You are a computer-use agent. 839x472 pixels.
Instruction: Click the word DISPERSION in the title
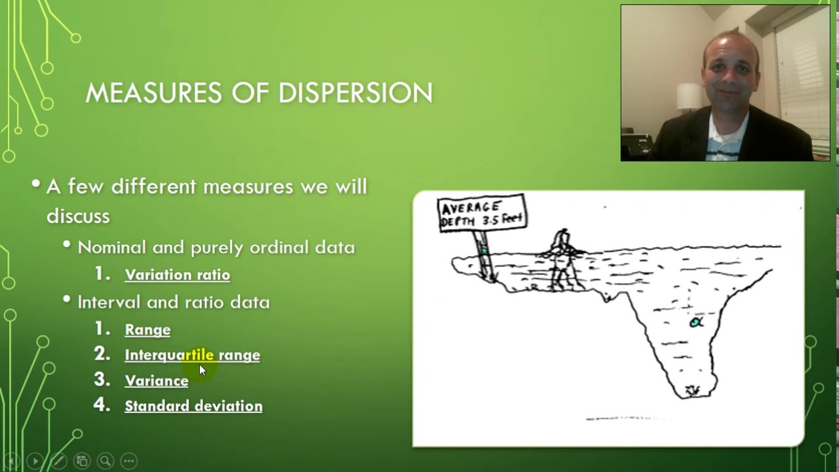[x=355, y=93]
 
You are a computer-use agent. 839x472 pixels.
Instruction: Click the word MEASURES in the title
[x=155, y=93]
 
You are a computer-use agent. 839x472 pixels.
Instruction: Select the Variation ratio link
[x=177, y=275]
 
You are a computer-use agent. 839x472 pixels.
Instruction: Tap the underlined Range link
[x=147, y=330]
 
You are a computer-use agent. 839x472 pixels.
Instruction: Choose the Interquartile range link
[x=192, y=355]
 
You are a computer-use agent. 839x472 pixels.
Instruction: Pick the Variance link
[x=156, y=381]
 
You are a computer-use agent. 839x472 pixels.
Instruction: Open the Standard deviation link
[x=193, y=406]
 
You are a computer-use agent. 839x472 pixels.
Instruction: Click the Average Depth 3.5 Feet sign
[x=482, y=213]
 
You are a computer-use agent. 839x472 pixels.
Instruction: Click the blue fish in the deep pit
[x=695, y=322]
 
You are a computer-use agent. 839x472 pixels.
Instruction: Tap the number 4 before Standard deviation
[x=102, y=404]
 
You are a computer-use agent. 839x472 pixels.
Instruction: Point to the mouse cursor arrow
[x=203, y=370]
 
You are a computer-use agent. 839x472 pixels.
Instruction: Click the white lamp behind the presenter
[x=688, y=96]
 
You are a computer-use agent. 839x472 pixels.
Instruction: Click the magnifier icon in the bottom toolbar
[x=105, y=461]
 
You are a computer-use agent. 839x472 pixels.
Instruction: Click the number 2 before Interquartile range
[x=102, y=354]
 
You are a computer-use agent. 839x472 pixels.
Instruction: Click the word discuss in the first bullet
[x=78, y=216]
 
